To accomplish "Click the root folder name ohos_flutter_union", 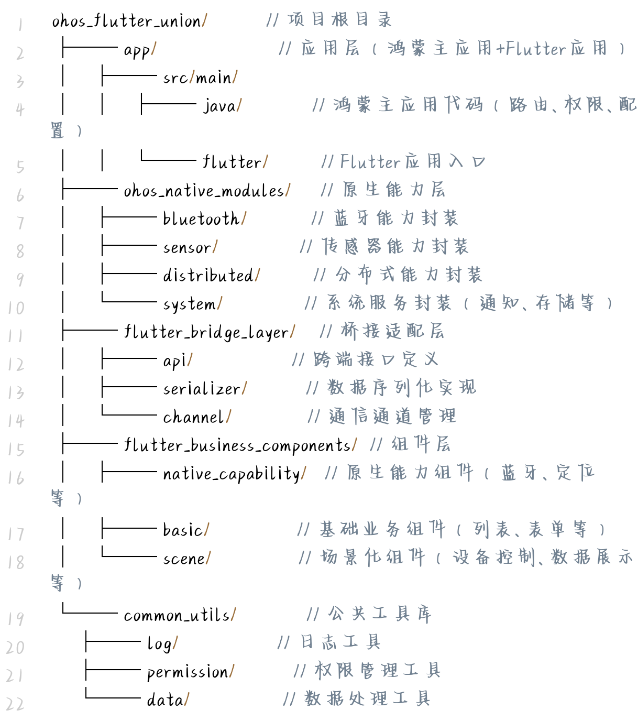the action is pyautogui.click(x=126, y=21).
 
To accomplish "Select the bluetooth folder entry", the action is pyautogui.click(x=201, y=219).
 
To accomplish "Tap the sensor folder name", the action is pyautogui.click(x=187, y=247).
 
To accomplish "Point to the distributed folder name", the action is pyautogui.click(x=208, y=275).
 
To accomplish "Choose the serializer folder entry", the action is pyautogui.click(x=202, y=389).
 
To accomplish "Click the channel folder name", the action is pyautogui.click(x=194, y=417).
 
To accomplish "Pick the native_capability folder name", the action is pyautogui.click(x=232, y=474).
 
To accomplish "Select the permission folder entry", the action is pyautogui.click(x=188, y=672).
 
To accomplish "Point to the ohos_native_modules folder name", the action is pyautogui.click(x=204, y=191).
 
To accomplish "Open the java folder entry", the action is pyautogui.click(x=219, y=106).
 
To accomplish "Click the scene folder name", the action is pyautogui.click(x=184, y=559).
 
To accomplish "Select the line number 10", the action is pyautogui.click(x=16, y=308).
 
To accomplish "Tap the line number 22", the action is pyautogui.click(x=16, y=704).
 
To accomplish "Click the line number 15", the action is pyautogui.click(x=16, y=449).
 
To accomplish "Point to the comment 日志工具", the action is pyautogui.click(x=340, y=642).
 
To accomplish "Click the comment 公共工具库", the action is pyautogui.click(x=379, y=614).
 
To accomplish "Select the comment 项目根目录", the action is pyautogui.click(x=339, y=20).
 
